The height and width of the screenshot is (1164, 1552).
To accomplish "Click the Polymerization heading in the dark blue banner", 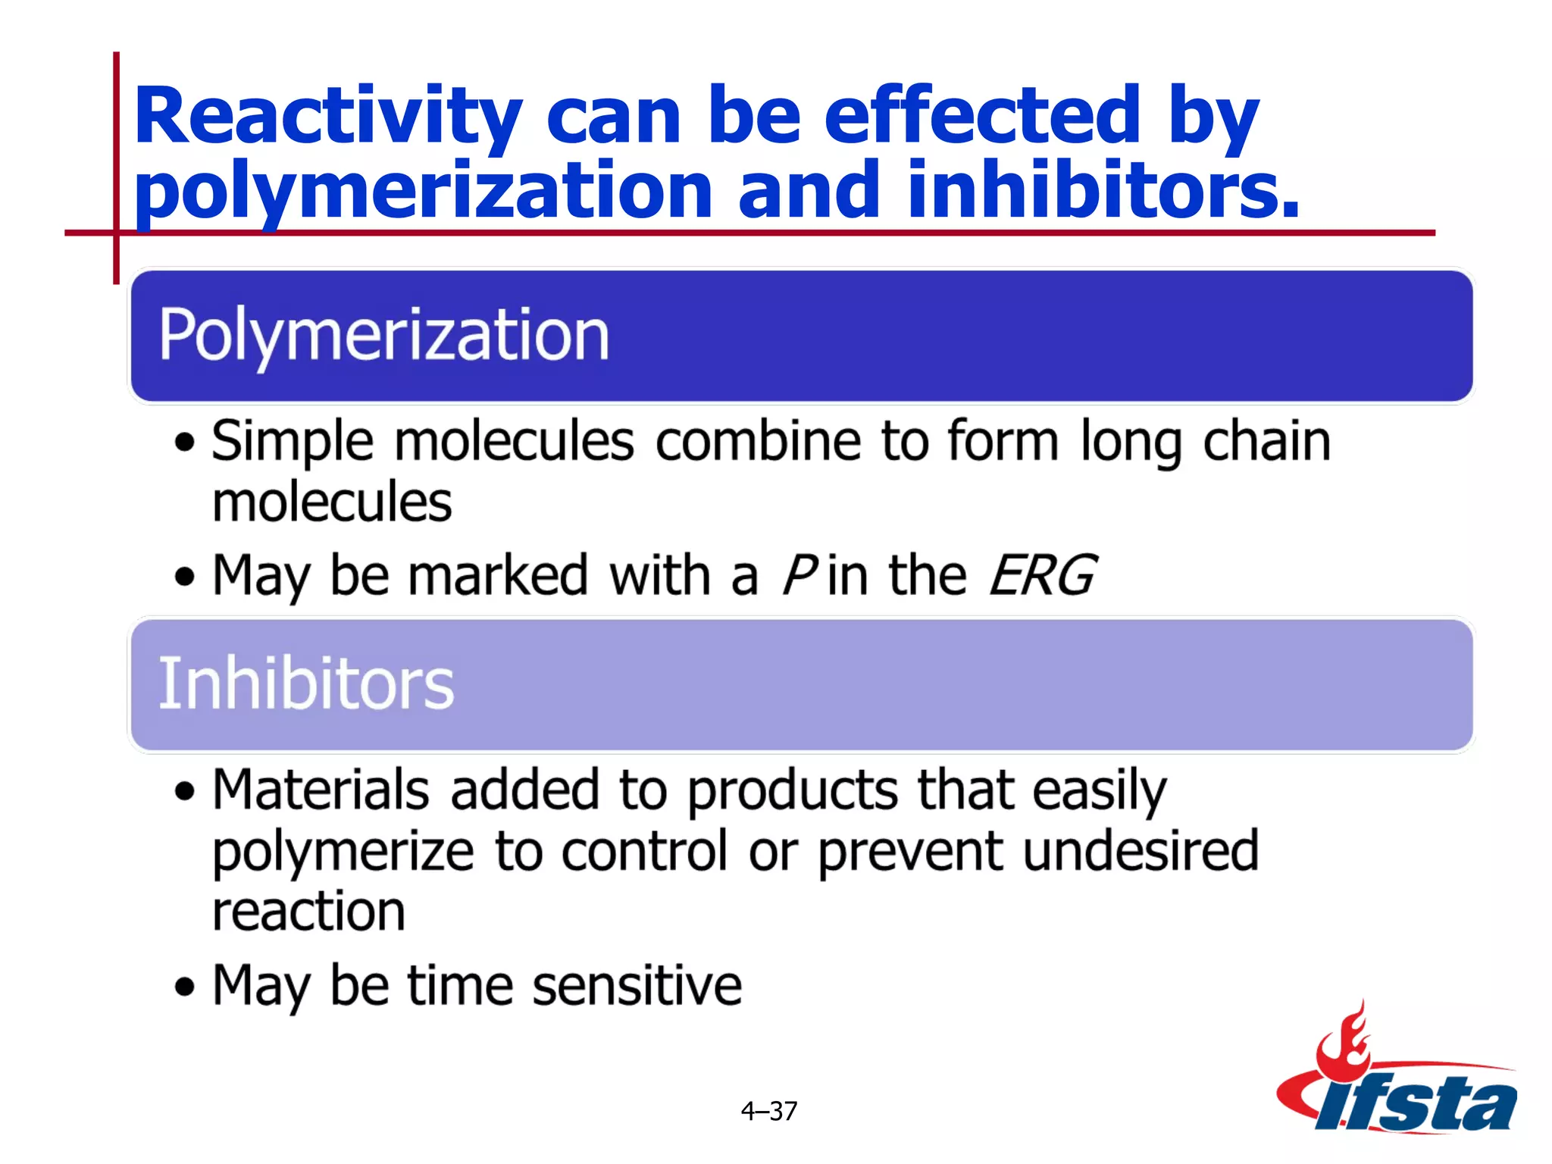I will tap(383, 335).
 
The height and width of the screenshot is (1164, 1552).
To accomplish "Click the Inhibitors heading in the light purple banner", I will tap(305, 684).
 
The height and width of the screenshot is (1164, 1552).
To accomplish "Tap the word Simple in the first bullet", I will tap(293, 442).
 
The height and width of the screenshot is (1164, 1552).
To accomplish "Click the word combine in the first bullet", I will tap(758, 442).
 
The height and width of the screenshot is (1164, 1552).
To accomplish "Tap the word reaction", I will tap(308, 912).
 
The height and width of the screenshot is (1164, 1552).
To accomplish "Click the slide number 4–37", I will tap(768, 1111).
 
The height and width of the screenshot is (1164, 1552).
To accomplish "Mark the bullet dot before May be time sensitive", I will tap(184, 987).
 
